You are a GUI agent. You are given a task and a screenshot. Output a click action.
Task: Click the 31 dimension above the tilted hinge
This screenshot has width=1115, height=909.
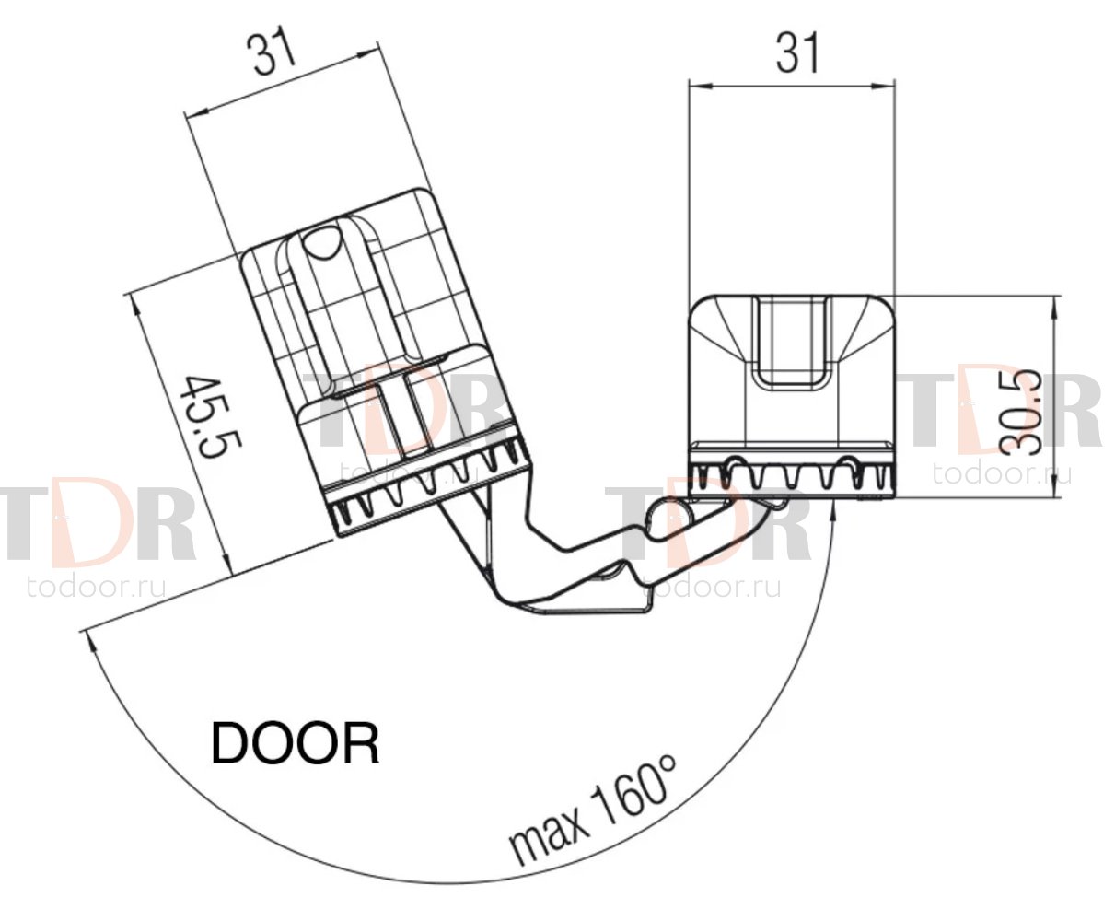[272, 50]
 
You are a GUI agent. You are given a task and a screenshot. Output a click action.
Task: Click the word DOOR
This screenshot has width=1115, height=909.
[296, 744]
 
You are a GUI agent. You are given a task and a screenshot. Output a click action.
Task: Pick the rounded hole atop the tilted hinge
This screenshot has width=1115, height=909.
[321, 242]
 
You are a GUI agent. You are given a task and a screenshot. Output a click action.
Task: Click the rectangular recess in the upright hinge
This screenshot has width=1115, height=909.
[791, 342]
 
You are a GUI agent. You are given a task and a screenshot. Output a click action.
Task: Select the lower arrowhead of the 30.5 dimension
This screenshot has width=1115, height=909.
[1053, 485]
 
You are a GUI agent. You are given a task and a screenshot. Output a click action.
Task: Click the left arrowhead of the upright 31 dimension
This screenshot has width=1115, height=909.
[701, 86]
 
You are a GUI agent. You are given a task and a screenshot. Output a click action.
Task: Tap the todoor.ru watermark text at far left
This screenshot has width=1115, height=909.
[97, 587]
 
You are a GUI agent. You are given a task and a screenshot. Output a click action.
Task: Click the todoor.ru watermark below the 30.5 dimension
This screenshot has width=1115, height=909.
[1002, 472]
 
